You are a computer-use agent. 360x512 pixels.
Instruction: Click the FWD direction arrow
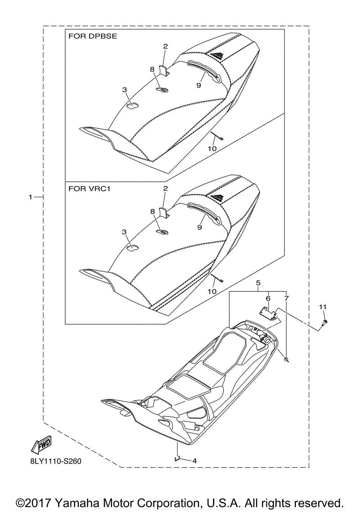(x=42, y=445)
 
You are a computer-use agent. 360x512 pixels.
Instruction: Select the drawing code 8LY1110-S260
(x=54, y=461)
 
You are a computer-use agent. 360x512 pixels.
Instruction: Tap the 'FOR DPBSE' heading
(x=93, y=37)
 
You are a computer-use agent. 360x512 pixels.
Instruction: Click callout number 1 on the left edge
(x=31, y=197)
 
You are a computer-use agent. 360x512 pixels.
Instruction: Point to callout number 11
(x=323, y=307)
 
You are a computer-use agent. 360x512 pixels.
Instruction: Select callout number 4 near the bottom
(x=194, y=461)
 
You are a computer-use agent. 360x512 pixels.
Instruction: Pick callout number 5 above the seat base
(x=258, y=283)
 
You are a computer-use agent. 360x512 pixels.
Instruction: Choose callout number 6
(x=268, y=298)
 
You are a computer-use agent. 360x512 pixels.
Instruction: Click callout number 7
(x=286, y=298)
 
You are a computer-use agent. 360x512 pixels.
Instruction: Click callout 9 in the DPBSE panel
(x=198, y=85)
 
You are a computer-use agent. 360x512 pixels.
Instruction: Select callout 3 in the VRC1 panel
(x=124, y=232)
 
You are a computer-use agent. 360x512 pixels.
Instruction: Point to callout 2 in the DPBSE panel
(x=165, y=46)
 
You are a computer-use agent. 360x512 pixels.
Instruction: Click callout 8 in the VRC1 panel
(x=152, y=212)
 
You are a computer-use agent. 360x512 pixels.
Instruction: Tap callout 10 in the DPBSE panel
(x=212, y=148)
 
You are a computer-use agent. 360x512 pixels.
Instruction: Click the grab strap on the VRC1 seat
(x=203, y=212)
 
